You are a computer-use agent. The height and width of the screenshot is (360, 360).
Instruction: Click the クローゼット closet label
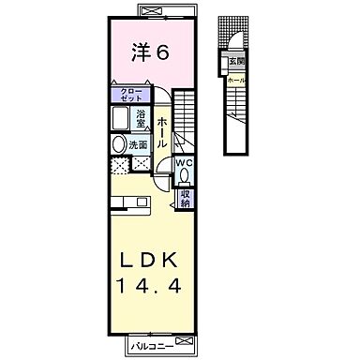tap(130, 96)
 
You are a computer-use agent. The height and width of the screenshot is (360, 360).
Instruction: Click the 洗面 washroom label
tap(138, 145)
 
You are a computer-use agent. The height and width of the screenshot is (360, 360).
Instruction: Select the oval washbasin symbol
tap(119, 145)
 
